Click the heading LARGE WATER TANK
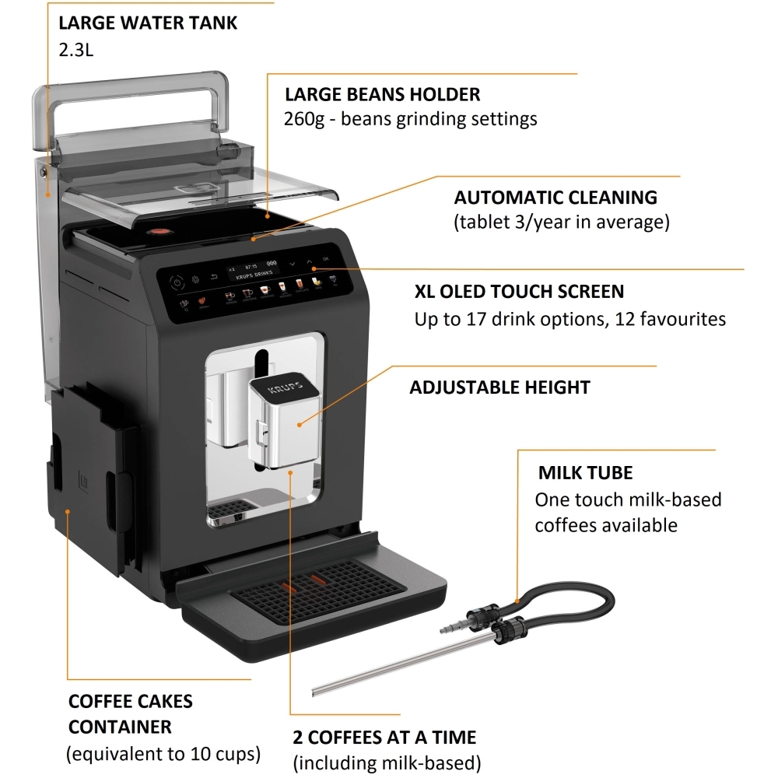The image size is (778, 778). [x=148, y=23]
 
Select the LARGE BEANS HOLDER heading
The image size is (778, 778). [x=382, y=95]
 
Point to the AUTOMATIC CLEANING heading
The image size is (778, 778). [x=555, y=197]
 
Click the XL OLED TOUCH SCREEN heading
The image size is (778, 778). [x=519, y=292]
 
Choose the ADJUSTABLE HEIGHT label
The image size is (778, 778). [x=499, y=387]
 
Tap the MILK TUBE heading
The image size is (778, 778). [x=585, y=473]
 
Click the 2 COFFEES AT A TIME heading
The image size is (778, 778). [x=384, y=737]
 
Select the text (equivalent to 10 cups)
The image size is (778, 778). [x=163, y=754]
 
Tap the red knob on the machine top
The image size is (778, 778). [x=159, y=232]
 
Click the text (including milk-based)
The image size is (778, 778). [x=387, y=762]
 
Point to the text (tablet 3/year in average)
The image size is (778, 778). [x=561, y=223]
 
